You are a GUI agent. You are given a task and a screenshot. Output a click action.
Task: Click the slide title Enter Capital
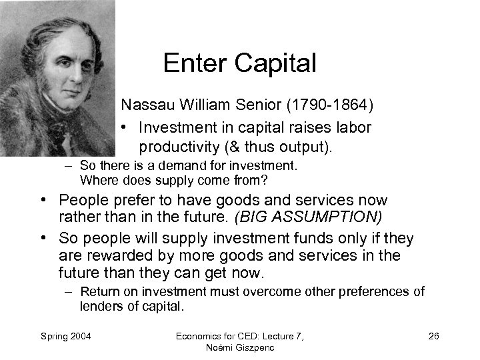coord(239,63)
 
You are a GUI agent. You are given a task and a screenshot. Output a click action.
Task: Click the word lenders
coord(100,306)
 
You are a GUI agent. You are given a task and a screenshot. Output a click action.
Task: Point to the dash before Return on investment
coord(69,291)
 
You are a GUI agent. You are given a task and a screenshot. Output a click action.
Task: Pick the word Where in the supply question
coord(97,180)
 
